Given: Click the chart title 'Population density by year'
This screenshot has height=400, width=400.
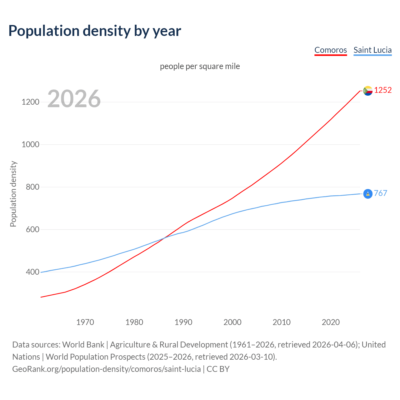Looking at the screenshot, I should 95,31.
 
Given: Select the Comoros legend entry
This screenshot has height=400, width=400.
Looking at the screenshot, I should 330,50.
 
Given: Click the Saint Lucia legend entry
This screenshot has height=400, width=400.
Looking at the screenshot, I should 372,50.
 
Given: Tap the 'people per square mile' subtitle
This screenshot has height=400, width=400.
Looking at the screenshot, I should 200,66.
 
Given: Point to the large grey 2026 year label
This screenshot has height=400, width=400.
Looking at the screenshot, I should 74,99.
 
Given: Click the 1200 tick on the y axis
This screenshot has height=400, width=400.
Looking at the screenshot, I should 30,102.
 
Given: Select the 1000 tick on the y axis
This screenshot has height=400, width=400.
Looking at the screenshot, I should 30,145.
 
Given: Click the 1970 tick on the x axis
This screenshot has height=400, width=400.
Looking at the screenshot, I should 85,322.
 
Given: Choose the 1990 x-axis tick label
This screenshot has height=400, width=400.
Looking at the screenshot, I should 183,322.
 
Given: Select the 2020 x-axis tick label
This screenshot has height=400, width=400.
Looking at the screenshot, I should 331,322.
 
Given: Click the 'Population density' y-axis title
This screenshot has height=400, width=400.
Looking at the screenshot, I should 13,194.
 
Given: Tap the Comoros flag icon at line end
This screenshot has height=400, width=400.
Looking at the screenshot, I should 368,91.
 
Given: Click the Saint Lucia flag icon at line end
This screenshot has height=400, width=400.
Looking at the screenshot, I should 368,194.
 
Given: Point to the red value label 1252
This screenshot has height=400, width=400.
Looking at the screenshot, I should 383,90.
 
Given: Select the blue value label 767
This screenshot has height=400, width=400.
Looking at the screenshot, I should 380,193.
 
